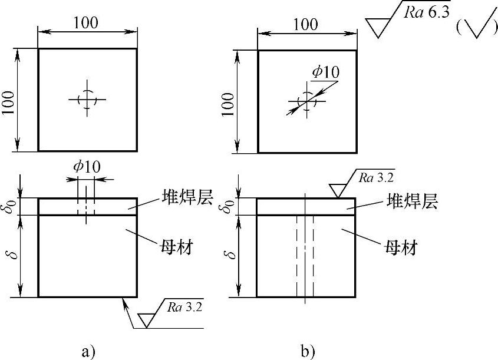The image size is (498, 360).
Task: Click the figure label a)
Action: (87, 352)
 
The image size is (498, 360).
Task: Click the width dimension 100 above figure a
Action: (87, 22)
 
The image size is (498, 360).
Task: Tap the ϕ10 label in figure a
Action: (86, 167)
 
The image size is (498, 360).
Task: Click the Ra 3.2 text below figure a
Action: (183, 307)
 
